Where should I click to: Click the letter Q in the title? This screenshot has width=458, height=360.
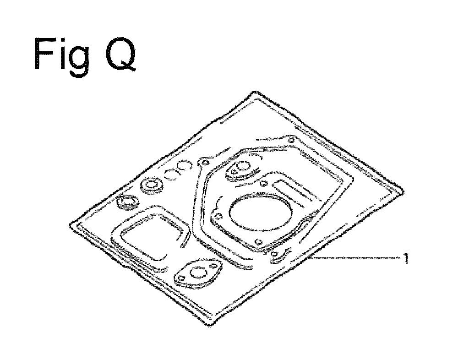pos(120,55)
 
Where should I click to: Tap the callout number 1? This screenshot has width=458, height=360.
pos(405,258)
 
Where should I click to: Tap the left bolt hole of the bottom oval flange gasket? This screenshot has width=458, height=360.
pos(182,279)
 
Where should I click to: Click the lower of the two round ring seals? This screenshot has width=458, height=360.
pos(128,202)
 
